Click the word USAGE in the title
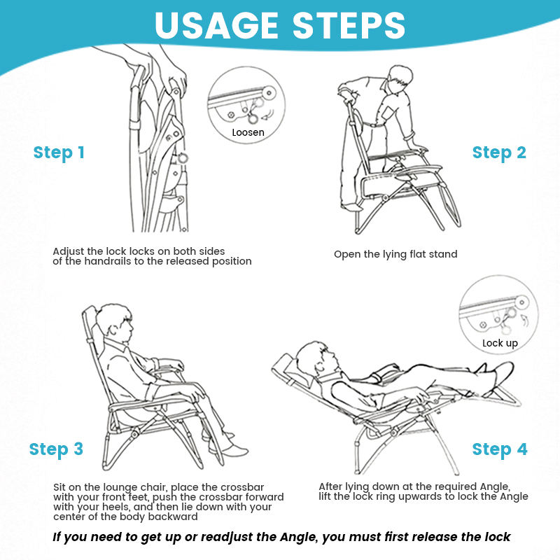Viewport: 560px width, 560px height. point(216,25)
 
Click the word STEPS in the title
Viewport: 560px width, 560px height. point(349,25)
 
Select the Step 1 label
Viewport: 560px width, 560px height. point(59,153)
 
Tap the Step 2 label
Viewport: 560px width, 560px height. point(499,153)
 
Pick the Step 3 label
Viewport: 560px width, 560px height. point(56,449)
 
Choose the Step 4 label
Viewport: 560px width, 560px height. point(500,449)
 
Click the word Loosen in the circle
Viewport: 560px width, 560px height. point(248,132)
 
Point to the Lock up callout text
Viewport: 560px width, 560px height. point(500,343)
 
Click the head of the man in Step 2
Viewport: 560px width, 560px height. point(399,80)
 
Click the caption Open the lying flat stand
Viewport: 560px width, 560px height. point(395,254)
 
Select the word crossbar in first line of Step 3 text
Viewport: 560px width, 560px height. point(242,487)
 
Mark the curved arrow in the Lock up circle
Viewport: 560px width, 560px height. point(524,321)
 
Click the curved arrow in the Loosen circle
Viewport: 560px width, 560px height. point(268,115)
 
